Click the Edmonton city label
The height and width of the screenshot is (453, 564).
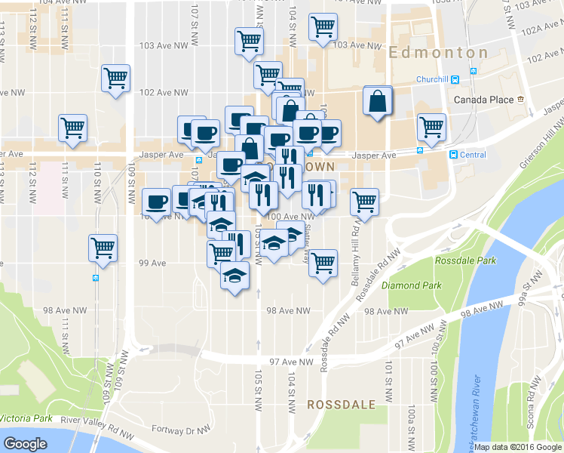pyautogui.click(x=439, y=53)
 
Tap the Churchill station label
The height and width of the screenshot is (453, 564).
pyautogui.click(x=434, y=80)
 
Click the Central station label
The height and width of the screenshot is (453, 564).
pyautogui.click(x=473, y=155)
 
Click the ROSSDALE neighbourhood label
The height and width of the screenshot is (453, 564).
pyautogui.click(x=341, y=405)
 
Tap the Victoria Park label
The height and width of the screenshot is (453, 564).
pyautogui.click(x=26, y=418)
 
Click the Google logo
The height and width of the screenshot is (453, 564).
pyautogui.click(x=25, y=444)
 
